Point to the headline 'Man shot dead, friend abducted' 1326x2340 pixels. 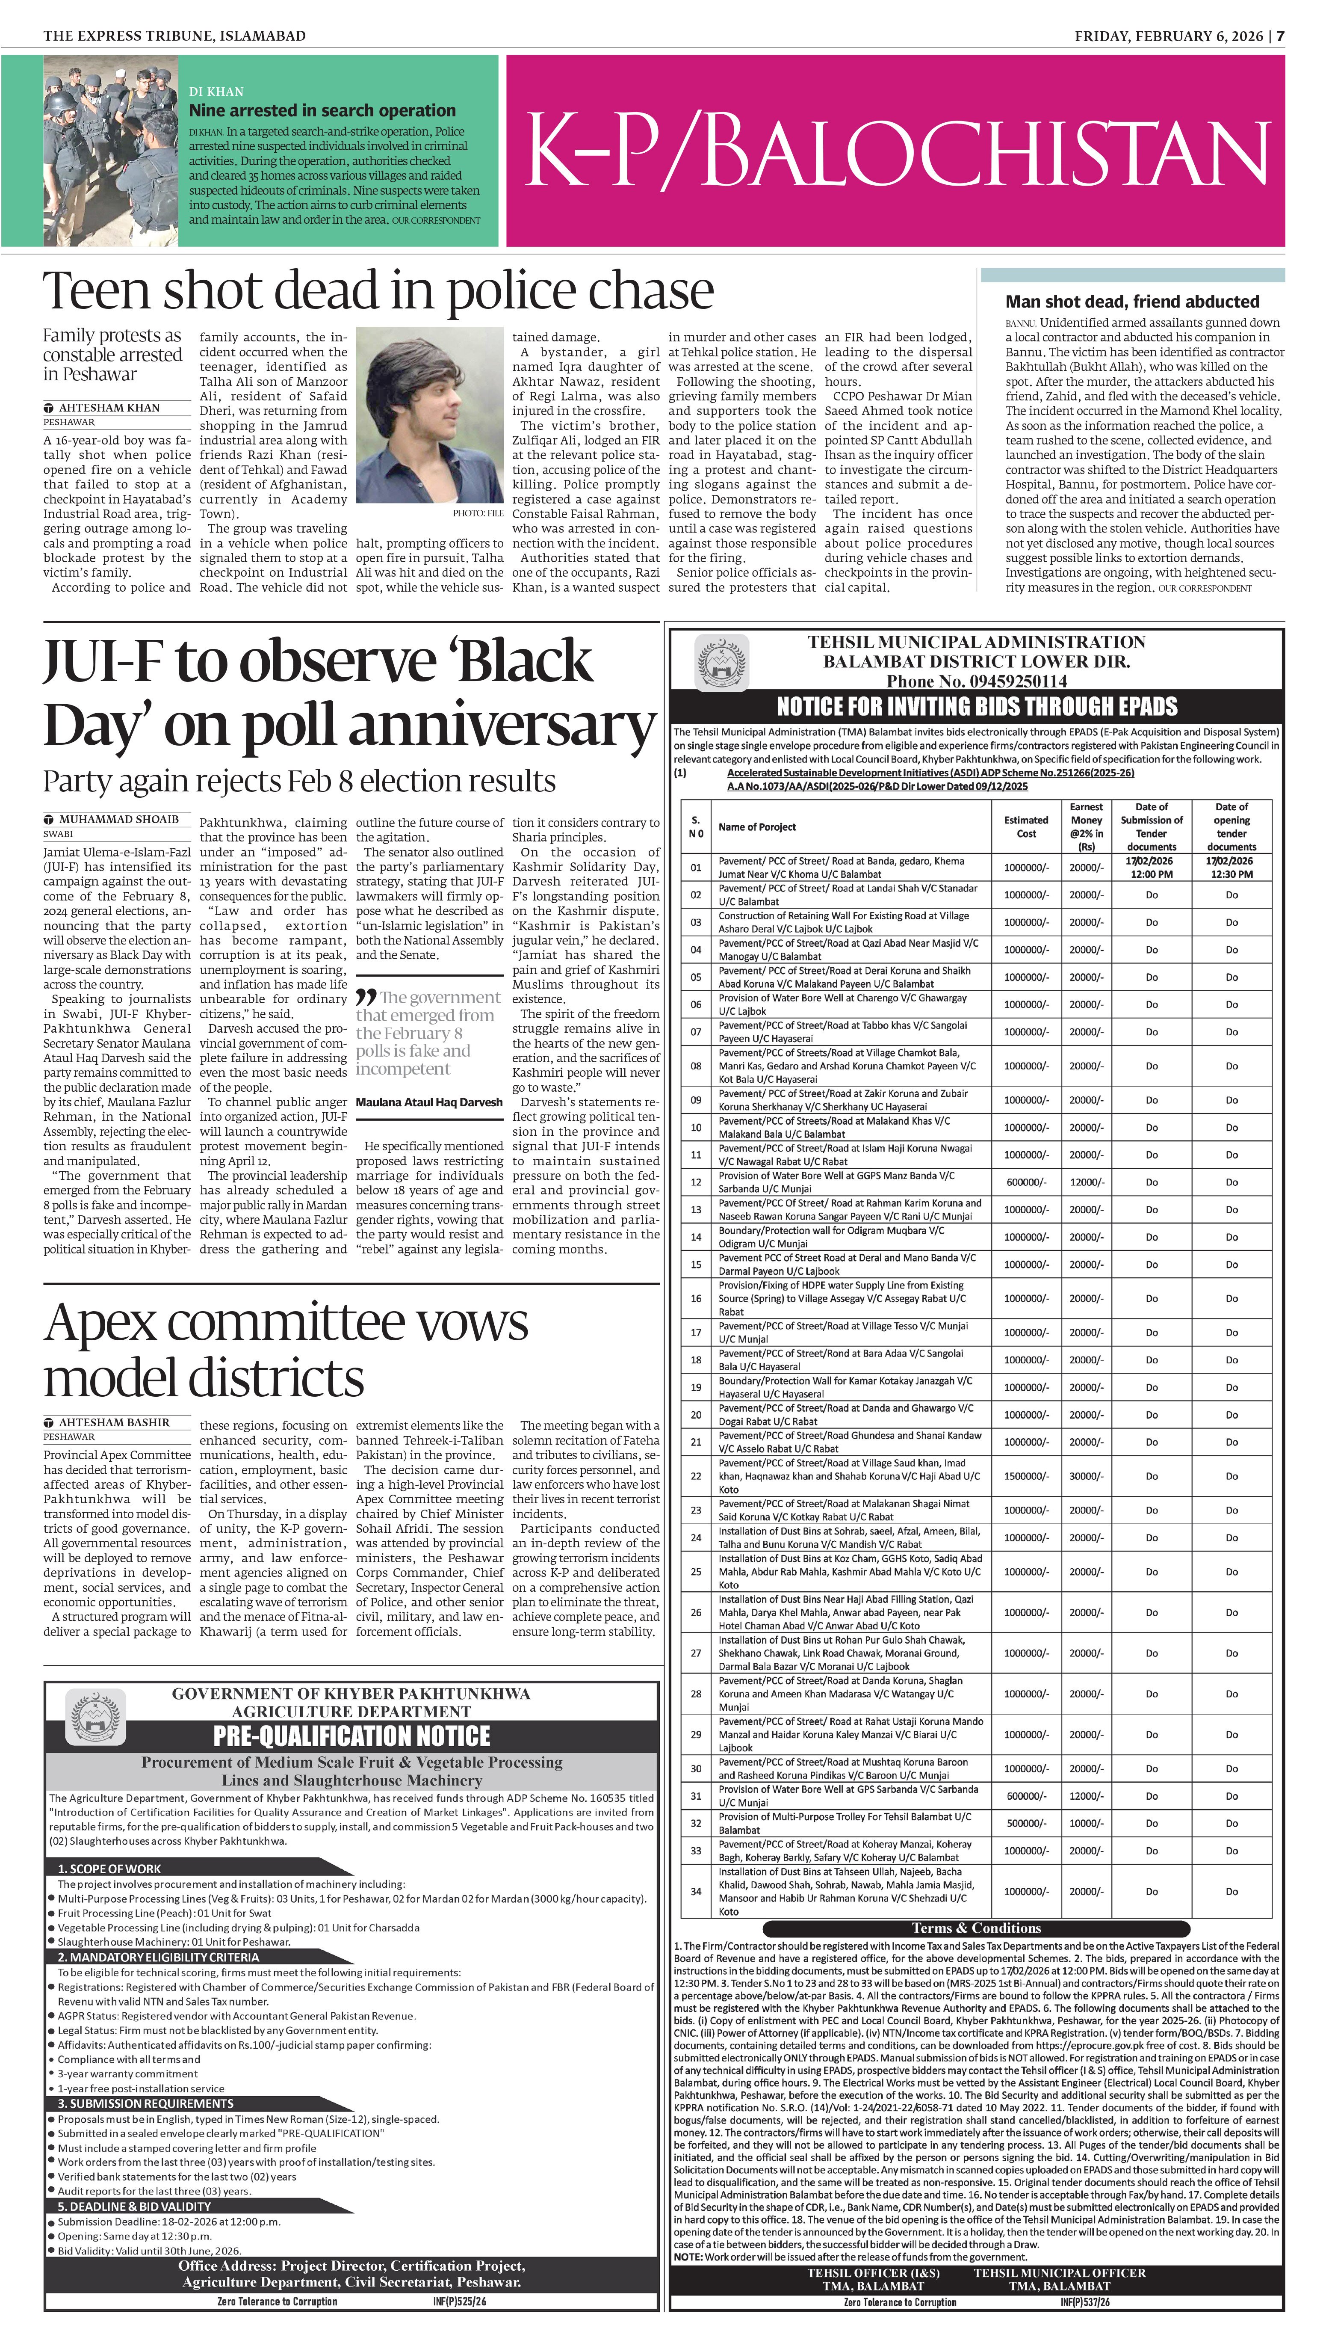(x=1132, y=302)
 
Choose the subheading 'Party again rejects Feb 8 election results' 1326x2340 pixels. (x=299, y=782)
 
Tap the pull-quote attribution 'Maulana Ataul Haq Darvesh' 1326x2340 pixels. (x=429, y=1102)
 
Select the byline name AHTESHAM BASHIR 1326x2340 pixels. (x=114, y=1422)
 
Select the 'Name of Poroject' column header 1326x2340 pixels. (x=757, y=827)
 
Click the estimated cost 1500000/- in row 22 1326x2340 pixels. (x=1026, y=1475)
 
